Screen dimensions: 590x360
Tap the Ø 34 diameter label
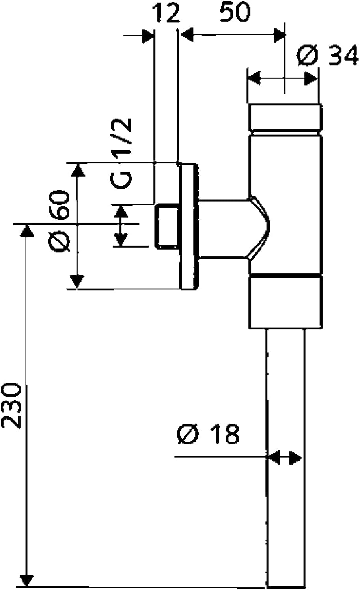point(328,56)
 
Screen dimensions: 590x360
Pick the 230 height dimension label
point(11,405)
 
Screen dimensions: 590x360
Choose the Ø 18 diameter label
point(209,434)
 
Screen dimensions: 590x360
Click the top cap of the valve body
point(285,118)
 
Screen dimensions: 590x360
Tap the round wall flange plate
point(189,227)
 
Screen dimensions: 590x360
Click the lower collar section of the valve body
point(285,302)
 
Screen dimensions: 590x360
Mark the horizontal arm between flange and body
point(223,229)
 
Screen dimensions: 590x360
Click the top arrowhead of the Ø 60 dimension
point(77,170)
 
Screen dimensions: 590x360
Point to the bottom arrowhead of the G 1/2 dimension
point(121,239)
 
